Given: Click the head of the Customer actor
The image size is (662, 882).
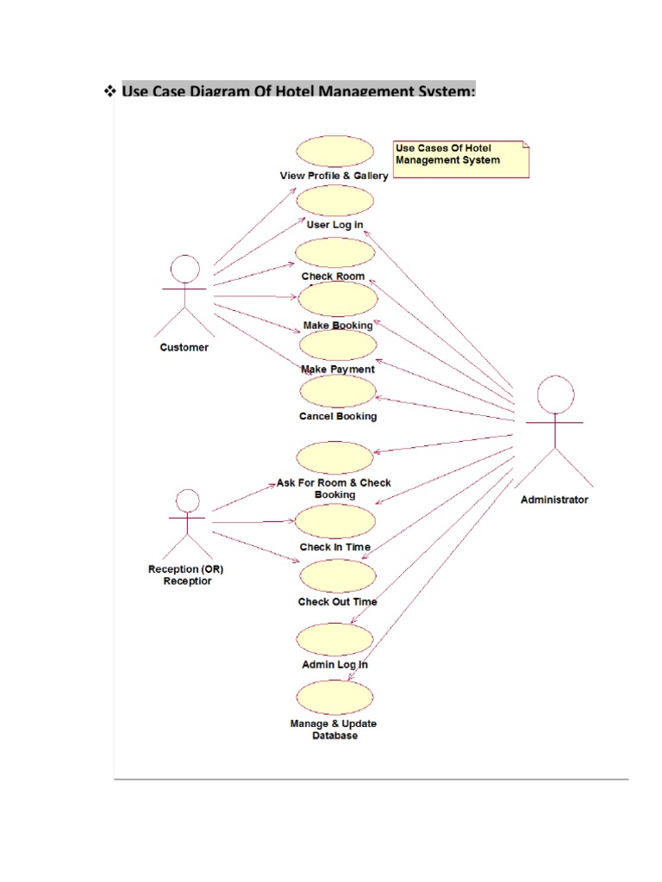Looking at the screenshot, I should [x=184, y=269].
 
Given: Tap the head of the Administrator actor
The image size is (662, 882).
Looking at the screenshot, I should [x=555, y=395].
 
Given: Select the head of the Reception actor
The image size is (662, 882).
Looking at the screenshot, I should [x=187, y=501].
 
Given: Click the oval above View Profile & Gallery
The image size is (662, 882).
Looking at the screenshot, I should [x=335, y=152].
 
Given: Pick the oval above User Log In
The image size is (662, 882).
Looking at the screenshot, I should [x=335, y=201].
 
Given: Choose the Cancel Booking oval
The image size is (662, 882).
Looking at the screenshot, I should [x=338, y=390].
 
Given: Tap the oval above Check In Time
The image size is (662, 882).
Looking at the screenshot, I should [x=335, y=521].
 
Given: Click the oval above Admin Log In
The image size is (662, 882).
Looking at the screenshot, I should [x=335, y=639].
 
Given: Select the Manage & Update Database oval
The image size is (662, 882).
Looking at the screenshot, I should [x=335, y=697].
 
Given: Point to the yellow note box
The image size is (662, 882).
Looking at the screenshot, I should [x=459, y=158].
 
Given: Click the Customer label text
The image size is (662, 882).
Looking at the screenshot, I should [x=184, y=348].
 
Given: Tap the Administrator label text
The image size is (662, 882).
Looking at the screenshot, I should [x=555, y=500].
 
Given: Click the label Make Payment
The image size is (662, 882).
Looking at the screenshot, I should [x=338, y=370].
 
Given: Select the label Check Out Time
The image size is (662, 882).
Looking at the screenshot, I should [x=338, y=602].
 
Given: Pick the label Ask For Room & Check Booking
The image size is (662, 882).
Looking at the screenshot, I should [x=334, y=488].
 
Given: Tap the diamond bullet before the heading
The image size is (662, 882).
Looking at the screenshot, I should [x=109, y=90].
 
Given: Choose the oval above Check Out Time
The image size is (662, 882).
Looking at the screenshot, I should [x=338, y=575].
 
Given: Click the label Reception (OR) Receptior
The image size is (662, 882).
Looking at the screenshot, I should [x=186, y=575].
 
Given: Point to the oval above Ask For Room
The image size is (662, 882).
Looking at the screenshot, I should [x=334, y=457].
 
